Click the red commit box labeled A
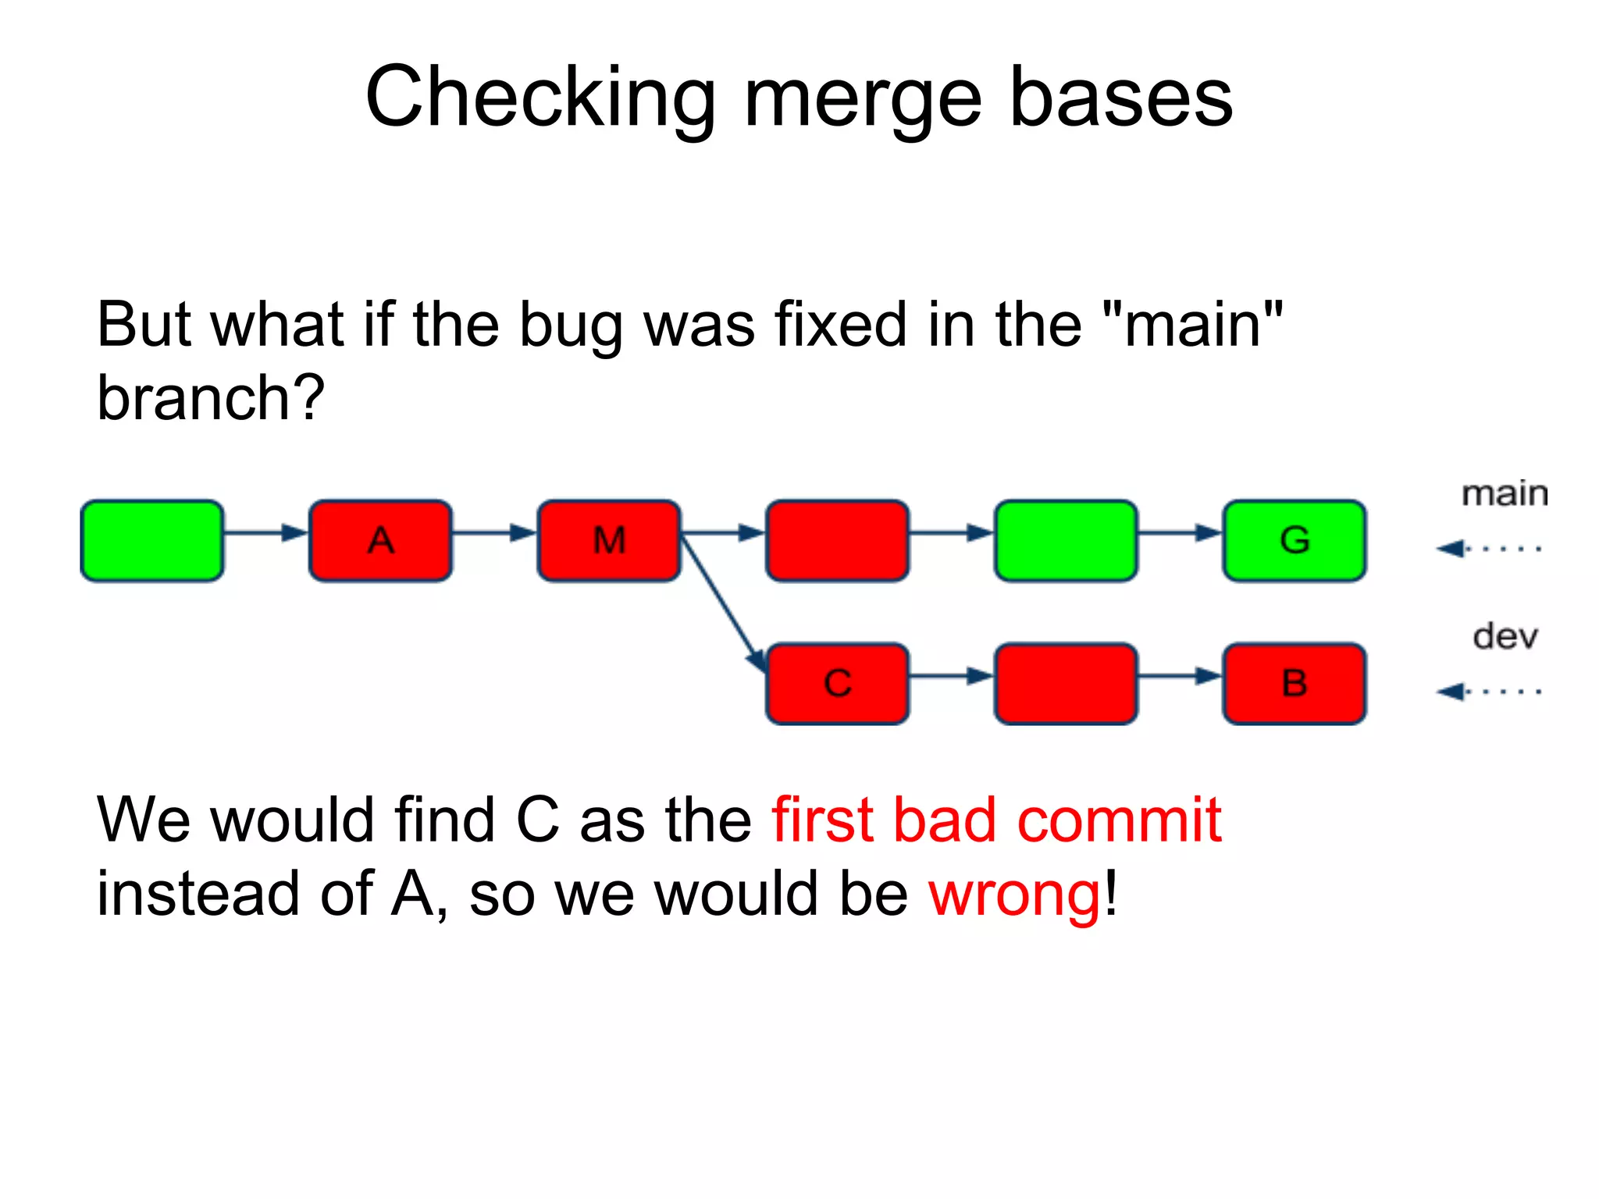coord(380,540)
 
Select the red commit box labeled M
coord(609,540)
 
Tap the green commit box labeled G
coord(1295,540)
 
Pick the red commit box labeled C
coord(838,684)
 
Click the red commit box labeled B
coord(1295,684)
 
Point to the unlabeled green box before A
coord(152,540)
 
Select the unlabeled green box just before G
coord(1066,540)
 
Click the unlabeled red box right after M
coord(838,540)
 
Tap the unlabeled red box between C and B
coord(1066,684)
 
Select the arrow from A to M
coord(494,533)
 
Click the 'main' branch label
coord(1504,494)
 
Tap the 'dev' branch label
coord(1505,637)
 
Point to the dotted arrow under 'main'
coord(1488,549)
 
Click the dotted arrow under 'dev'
coord(1488,692)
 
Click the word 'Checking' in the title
coord(540,98)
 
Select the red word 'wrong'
coord(1014,894)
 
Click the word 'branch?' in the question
coord(210,397)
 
